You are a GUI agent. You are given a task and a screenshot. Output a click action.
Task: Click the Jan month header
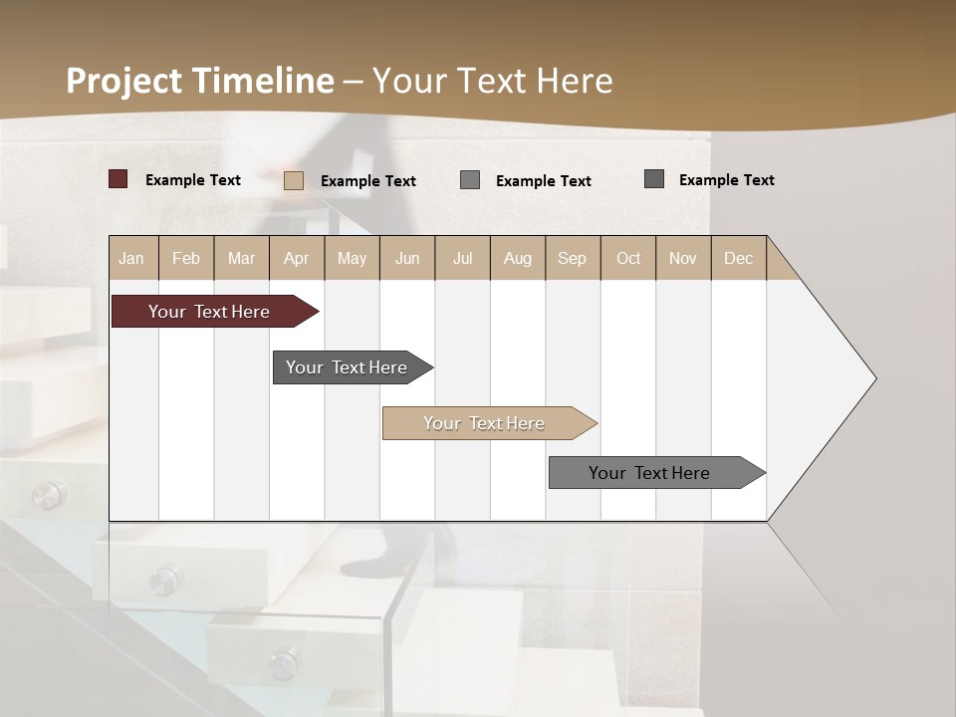[x=131, y=259]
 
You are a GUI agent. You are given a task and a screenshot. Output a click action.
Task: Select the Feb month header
[x=186, y=259]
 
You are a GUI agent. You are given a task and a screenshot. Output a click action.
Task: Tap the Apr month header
[x=297, y=259]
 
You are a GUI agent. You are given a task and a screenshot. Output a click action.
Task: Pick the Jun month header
[x=407, y=259]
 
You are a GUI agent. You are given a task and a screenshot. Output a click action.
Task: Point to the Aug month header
[x=518, y=259]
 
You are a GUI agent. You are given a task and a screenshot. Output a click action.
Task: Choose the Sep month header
[x=573, y=259]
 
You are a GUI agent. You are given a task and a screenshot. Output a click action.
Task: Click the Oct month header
[x=628, y=259]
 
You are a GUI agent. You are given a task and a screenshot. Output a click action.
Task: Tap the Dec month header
[x=739, y=259]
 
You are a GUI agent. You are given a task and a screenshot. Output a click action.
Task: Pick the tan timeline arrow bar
[x=485, y=423]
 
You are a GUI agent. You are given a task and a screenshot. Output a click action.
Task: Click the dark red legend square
[x=119, y=179]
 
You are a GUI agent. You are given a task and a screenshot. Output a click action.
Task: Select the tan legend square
[x=294, y=180]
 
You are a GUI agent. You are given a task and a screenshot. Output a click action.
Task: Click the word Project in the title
[x=124, y=81]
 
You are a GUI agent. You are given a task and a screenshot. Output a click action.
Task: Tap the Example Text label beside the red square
[x=193, y=180]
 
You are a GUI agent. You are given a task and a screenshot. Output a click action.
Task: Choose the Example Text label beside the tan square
[x=368, y=181]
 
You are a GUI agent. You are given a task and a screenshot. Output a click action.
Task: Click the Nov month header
[x=683, y=259]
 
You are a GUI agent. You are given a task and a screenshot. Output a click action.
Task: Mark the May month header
[x=352, y=259]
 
